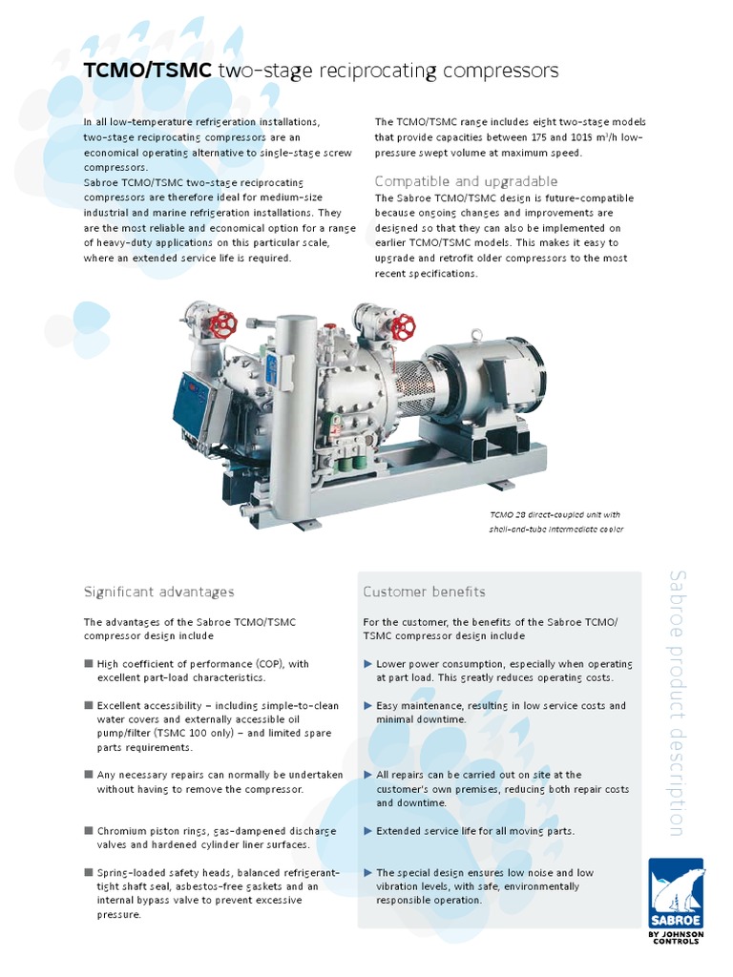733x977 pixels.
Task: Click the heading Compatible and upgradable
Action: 466,181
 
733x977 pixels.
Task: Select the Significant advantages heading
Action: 158,592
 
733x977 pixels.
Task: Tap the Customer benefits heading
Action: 424,592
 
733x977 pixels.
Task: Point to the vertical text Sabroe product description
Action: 677,702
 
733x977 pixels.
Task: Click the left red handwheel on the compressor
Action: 223,323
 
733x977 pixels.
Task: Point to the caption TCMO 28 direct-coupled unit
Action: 555,514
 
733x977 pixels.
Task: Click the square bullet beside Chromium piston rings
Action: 89,830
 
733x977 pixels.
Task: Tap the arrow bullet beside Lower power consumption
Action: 368,663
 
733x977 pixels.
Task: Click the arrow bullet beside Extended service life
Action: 368,831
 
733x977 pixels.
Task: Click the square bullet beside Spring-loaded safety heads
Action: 89,872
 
